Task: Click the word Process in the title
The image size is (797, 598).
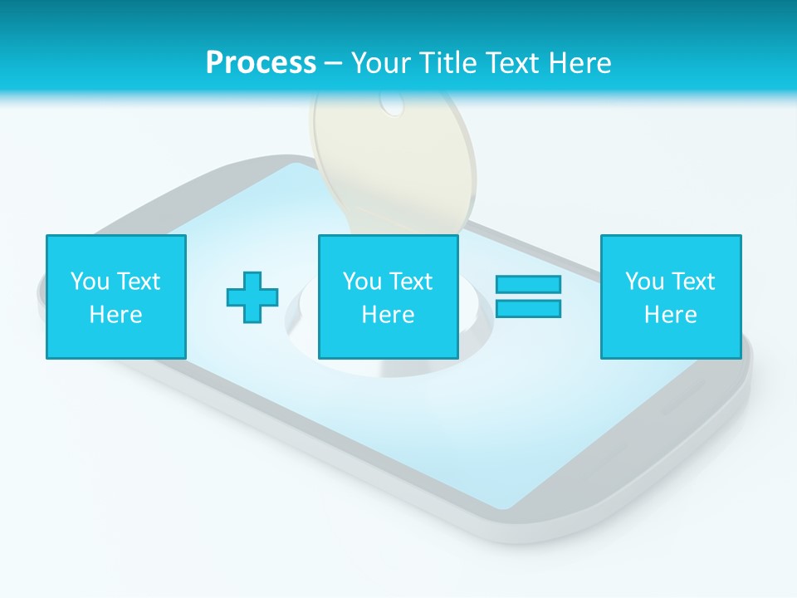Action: click(261, 63)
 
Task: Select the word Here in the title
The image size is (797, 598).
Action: click(578, 63)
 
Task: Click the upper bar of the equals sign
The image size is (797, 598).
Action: click(528, 284)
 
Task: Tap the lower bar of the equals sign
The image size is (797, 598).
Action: click(528, 308)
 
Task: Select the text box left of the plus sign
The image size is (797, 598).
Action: click(116, 297)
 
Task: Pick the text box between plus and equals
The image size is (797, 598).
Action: click(389, 297)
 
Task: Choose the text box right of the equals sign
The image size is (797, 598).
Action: click(671, 297)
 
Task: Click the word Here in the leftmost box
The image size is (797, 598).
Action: click(116, 315)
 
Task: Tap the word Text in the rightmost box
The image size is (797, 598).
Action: click(693, 282)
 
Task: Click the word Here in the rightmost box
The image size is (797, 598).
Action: click(671, 315)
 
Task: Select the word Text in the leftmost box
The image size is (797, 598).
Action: click(139, 282)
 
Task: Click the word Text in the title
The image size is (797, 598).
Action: click(510, 63)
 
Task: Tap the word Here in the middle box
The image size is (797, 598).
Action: click(389, 315)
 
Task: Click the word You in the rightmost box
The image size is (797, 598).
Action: click(644, 282)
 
